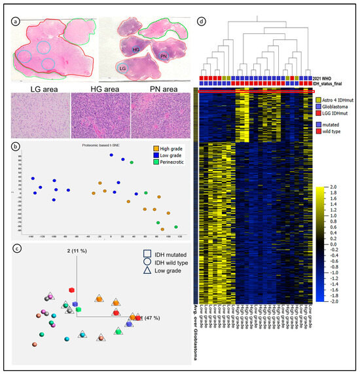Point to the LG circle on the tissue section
tap(122, 67)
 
